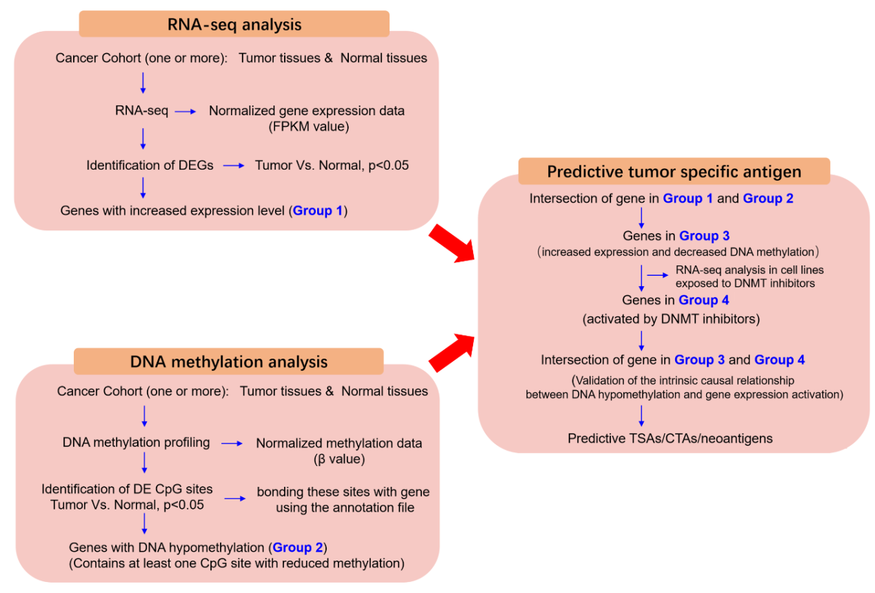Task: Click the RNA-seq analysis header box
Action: coord(234,25)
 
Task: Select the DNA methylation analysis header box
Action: coord(228,361)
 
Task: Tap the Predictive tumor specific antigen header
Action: coord(674,172)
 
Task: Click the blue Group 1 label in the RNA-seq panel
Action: coord(317,210)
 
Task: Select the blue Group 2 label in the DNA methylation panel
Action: coord(297,547)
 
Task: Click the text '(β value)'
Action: coord(339,458)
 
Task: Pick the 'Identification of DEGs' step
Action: coord(150,165)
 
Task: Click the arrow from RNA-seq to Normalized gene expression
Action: coord(186,111)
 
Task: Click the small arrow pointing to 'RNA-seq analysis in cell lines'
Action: coord(658,275)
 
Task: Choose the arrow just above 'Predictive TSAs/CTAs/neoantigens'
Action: coord(642,415)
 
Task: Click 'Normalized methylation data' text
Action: coord(339,443)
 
